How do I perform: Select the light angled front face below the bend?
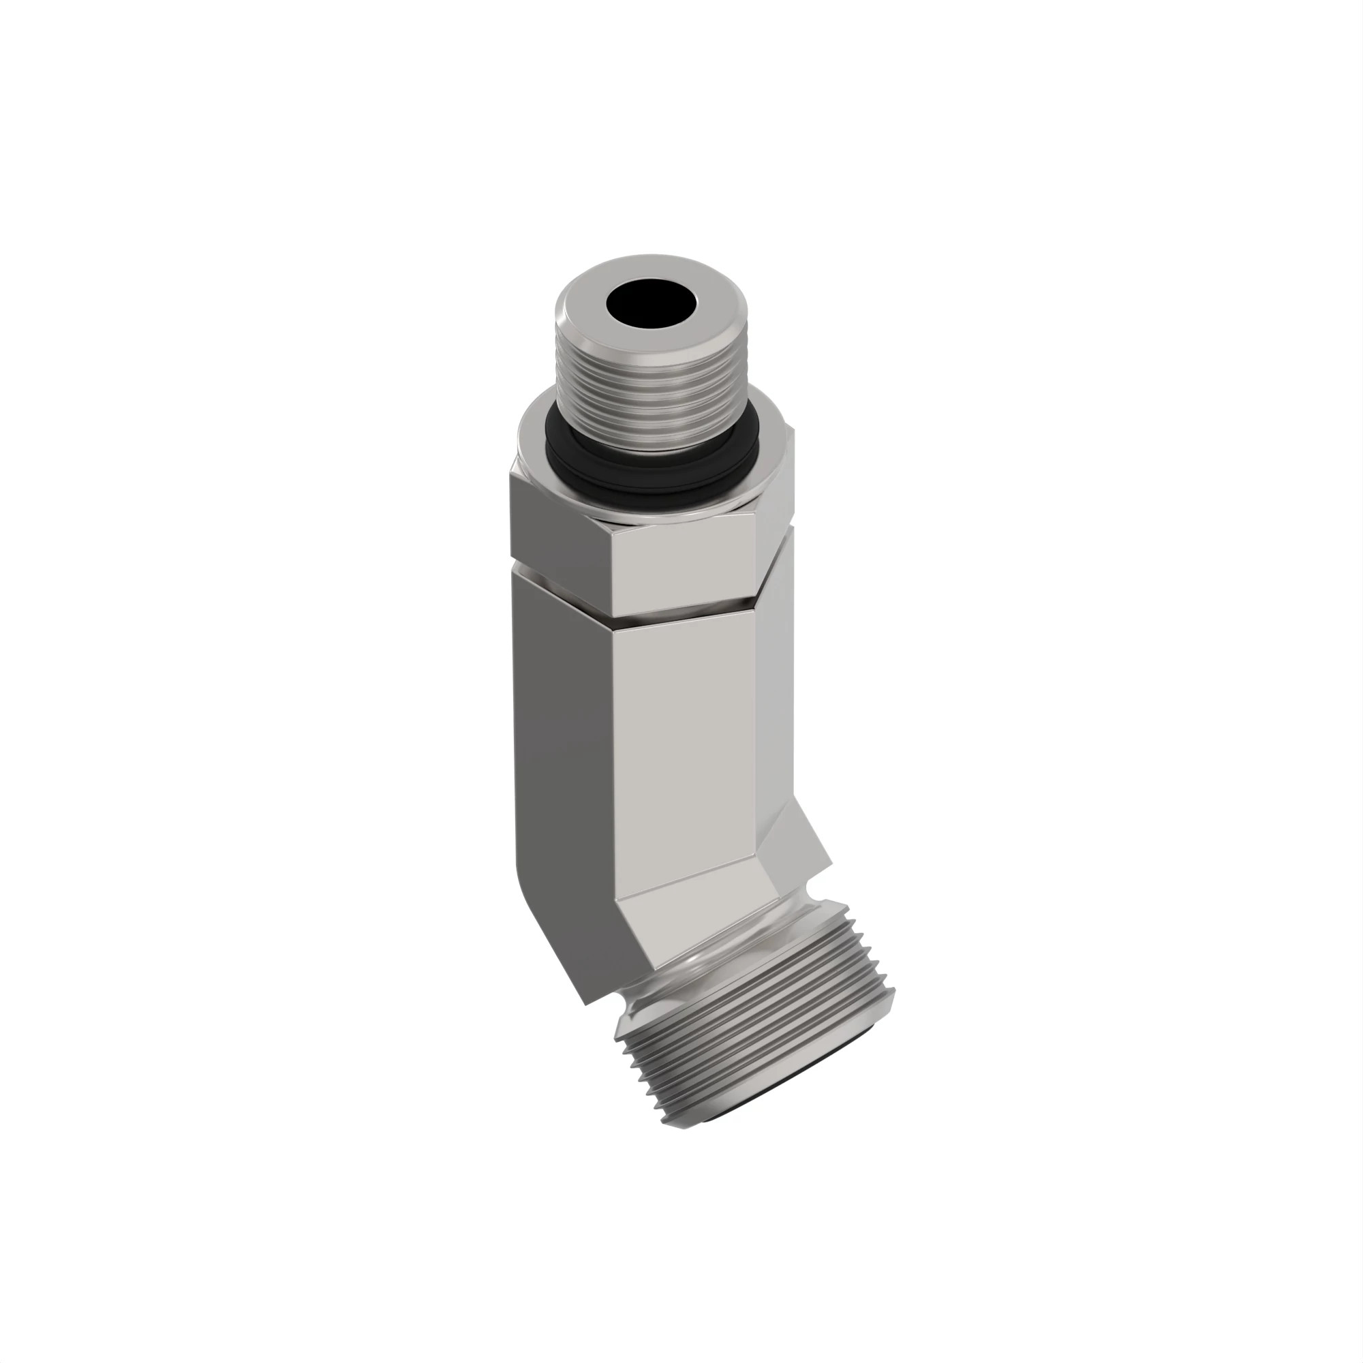(x=695, y=924)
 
